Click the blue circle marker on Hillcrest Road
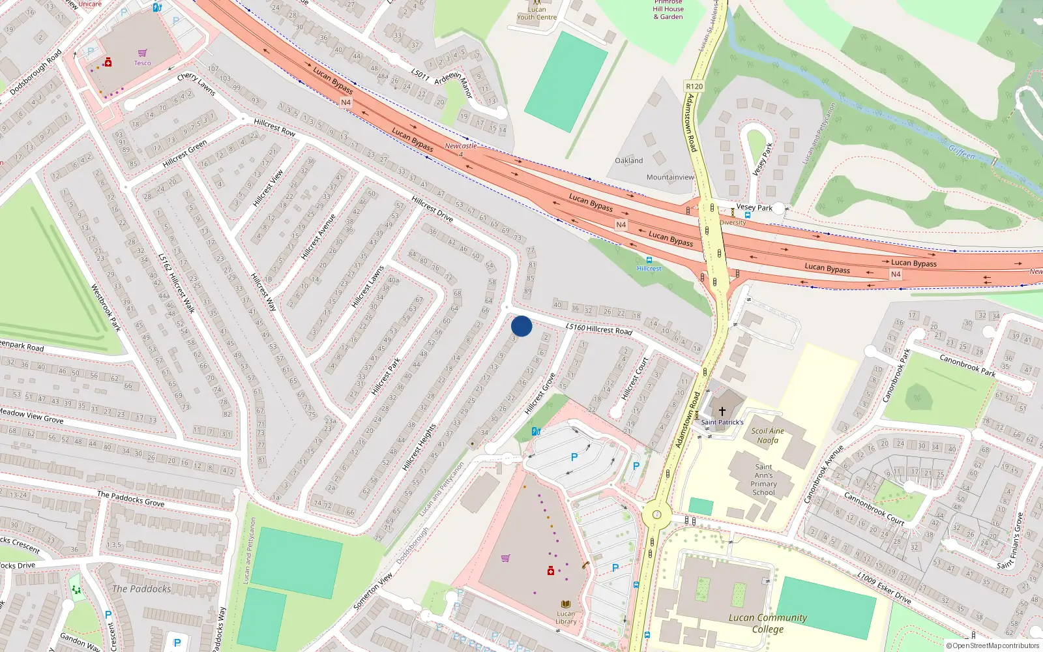[521, 326]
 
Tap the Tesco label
[142, 63]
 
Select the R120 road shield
[694, 86]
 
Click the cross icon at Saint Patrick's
[722, 411]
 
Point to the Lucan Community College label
[767, 623]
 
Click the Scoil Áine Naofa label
[767, 436]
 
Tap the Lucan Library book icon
[566, 604]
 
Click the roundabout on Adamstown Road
[656, 516]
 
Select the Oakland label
[628, 160]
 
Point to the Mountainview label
[670, 177]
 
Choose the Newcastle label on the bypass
[460, 146]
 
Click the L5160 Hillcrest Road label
[598, 329]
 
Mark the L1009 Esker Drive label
[884, 587]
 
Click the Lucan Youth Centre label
[536, 13]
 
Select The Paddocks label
[141, 589]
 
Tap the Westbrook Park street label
[106, 308]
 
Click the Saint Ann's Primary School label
[763, 480]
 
